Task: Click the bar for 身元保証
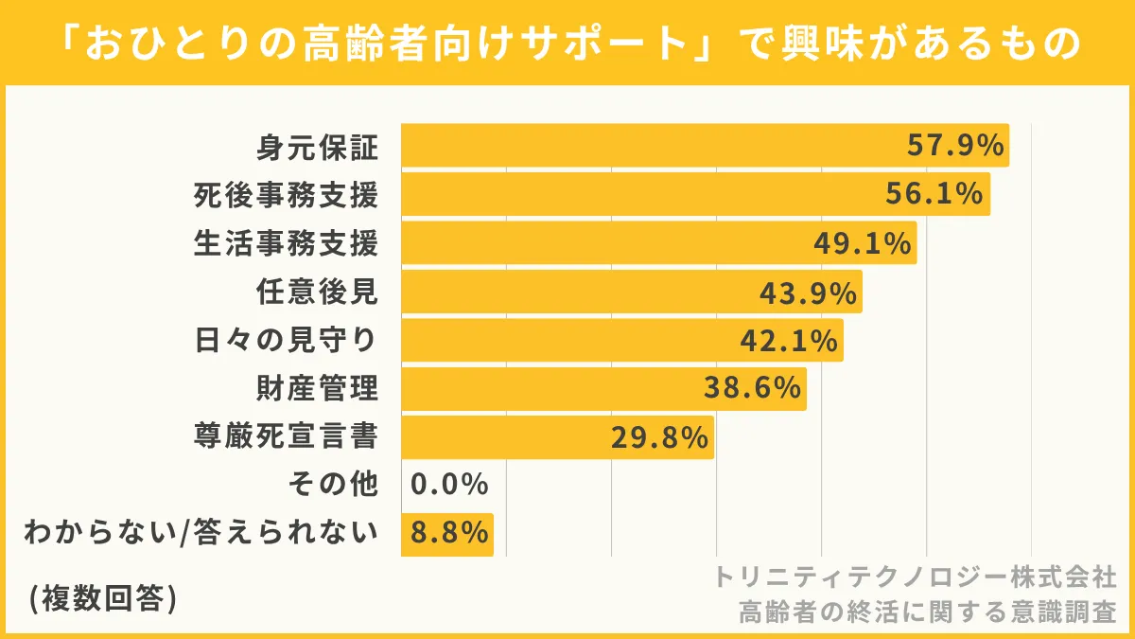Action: tap(705, 146)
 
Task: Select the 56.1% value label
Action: tap(934, 194)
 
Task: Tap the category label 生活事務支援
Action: tap(286, 243)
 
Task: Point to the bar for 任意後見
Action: tap(631, 292)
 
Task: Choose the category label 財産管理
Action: tap(317, 388)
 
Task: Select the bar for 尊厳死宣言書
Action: tap(557, 437)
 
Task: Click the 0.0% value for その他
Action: tap(449, 486)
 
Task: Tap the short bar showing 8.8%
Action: tap(447, 534)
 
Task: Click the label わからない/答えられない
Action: tap(201, 534)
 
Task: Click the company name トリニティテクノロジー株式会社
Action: tap(915, 577)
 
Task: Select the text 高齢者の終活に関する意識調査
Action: tap(928, 611)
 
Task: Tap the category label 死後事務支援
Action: tap(286, 195)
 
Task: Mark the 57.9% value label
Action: tap(954, 146)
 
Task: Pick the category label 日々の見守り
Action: tap(286, 340)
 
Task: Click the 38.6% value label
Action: tap(753, 388)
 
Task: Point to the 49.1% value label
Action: tap(862, 243)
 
